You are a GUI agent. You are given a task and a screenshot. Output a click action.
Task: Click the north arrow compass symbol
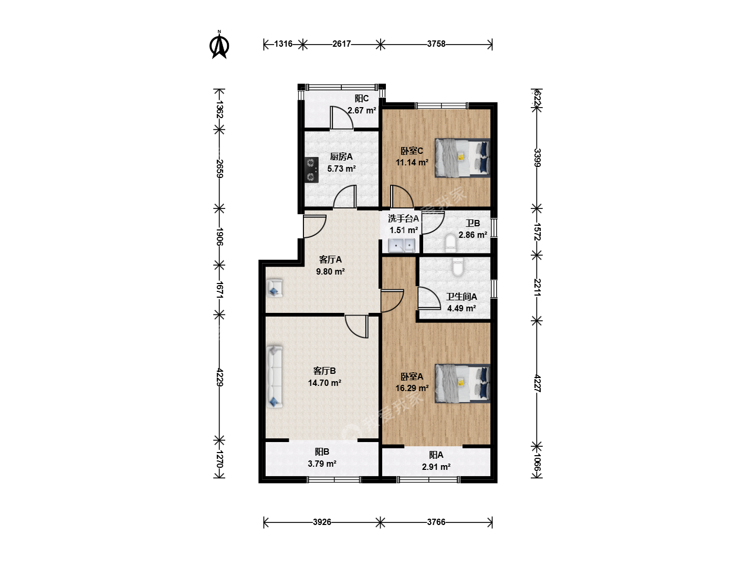[x=219, y=45]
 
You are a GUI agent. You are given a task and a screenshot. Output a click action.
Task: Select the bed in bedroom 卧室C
[x=462, y=158]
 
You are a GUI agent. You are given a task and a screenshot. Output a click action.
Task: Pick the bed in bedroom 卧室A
[x=462, y=383]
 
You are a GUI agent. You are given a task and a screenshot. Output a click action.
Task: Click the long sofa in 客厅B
[x=274, y=377]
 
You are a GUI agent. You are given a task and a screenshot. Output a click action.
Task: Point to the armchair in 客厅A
[x=274, y=288]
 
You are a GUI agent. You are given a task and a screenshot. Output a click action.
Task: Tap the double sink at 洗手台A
[x=402, y=246]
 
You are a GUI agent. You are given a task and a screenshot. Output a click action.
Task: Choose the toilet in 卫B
[x=450, y=243]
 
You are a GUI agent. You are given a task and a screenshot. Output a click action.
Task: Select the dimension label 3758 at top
[x=436, y=44]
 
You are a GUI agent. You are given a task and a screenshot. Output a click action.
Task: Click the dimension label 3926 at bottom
[x=322, y=522]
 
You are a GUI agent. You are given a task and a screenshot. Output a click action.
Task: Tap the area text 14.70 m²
[x=324, y=383]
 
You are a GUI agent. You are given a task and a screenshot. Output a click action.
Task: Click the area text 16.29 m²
[x=412, y=388]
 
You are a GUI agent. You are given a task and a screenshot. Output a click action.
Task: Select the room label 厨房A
[x=341, y=156]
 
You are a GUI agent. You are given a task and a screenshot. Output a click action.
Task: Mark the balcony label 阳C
[x=362, y=99]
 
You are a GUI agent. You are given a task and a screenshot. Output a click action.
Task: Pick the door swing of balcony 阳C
[x=341, y=118]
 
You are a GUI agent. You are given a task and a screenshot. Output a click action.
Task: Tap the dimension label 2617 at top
[x=341, y=44]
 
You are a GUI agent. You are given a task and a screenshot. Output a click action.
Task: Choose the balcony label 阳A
[x=436, y=455]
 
